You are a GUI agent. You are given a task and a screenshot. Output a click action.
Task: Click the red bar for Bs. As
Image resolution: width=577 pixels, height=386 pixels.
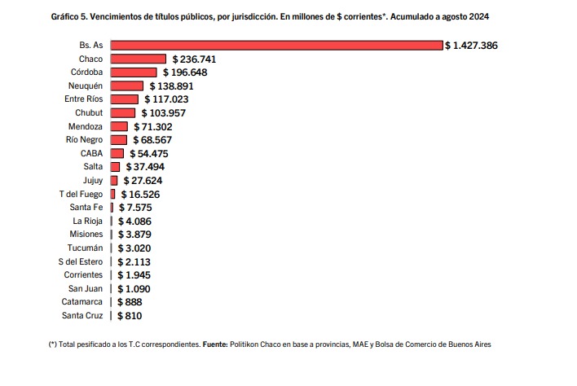(x=276, y=46)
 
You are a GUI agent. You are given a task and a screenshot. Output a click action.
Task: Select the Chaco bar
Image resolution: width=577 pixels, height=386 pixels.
(x=138, y=59)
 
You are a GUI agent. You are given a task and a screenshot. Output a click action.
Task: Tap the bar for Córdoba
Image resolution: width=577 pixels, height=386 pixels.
(x=134, y=72)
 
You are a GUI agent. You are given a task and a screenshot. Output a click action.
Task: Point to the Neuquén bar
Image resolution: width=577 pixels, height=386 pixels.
(x=126, y=86)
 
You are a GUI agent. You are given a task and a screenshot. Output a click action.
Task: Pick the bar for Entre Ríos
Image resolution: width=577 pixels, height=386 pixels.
(x=125, y=99)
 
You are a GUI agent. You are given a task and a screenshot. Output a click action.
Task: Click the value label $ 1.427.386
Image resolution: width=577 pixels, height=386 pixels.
(x=471, y=46)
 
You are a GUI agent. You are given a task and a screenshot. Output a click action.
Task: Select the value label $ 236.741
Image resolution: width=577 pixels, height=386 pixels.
(x=194, y=59)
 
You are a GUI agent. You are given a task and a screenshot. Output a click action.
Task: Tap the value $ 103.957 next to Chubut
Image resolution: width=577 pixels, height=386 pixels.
(x=163, y=113)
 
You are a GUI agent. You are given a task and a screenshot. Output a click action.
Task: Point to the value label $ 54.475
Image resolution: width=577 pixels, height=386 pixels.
(x=148, y=154)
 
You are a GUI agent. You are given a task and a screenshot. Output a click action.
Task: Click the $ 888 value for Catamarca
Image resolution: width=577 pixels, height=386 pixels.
(x=130, y=302)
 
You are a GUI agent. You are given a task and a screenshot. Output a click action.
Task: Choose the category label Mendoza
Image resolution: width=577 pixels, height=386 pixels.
(x=86, y=126)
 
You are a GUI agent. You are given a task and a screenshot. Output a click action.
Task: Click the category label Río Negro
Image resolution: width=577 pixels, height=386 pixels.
(x=84, y=140)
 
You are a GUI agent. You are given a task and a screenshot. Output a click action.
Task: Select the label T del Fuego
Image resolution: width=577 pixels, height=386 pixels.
(x=81, y=194)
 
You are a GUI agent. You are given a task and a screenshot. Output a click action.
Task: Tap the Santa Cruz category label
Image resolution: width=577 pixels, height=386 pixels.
(x=82, y=315)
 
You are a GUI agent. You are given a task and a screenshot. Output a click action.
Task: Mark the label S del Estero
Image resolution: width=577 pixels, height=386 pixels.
(x=81, y=261)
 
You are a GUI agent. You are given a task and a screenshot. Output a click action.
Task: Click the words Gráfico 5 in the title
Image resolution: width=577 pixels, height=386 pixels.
(x=68, y=16)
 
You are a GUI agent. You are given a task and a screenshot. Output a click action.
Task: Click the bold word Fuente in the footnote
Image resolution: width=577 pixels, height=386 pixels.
(x=215, y=344)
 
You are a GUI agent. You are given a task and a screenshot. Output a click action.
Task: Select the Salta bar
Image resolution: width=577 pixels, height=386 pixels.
(x=115, y=167)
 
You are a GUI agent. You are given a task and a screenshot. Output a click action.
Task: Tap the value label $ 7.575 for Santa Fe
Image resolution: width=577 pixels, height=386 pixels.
(x=135, y=208)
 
